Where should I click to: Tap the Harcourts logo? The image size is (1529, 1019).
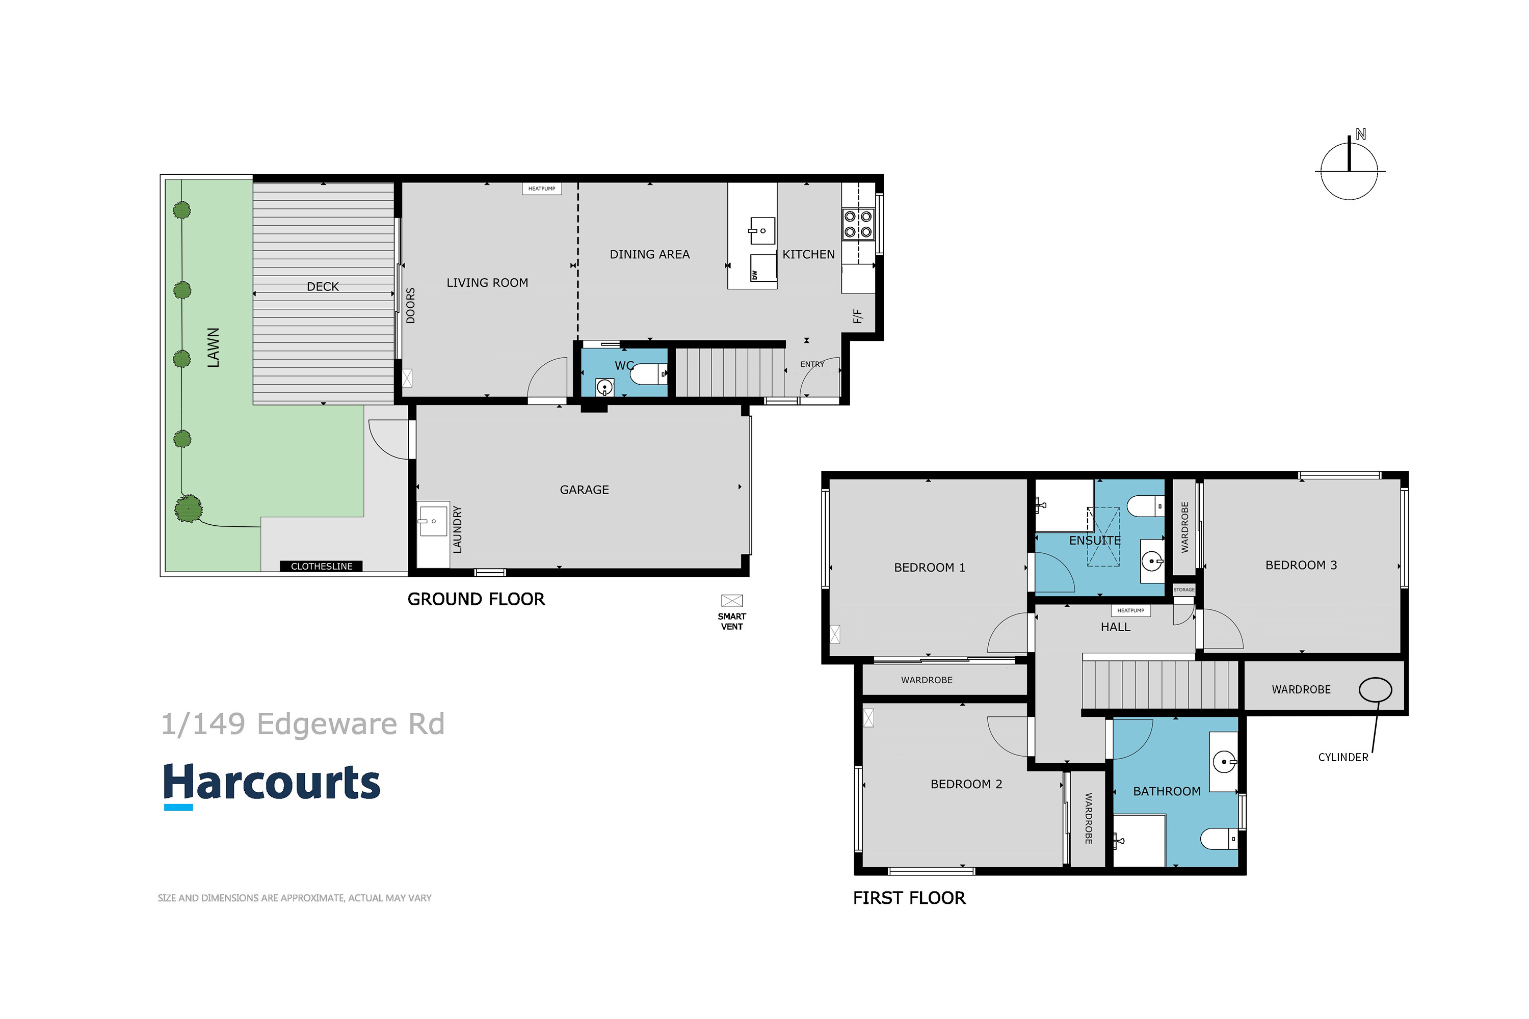tap(272, 785)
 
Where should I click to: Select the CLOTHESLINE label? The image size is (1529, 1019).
tap(321, 567)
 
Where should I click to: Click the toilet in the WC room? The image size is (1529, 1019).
tap(649, 373)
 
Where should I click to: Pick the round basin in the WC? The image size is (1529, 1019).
tap(604, 388)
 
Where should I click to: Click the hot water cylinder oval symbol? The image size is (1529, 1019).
tap(1376, 689)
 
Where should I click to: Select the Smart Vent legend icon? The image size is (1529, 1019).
tap(732, 601)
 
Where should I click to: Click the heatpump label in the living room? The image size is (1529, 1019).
tap(541, 189)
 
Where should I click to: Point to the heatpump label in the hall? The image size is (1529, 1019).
tap(1130, 610)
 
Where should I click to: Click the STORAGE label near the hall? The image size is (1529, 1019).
tap(1184, 589)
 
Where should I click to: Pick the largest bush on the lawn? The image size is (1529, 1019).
tap(189, 508)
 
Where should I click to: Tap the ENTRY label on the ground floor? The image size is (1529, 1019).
tap(812, 365)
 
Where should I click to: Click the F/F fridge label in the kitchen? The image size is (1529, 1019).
tap(857, 316)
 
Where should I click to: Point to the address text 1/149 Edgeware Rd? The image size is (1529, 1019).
tap(303, 724)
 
